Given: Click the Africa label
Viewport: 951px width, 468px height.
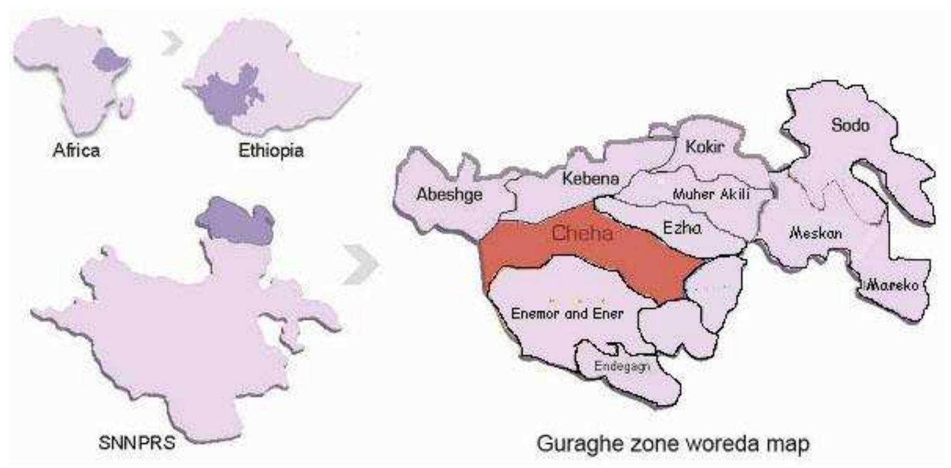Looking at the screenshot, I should pos(76,150).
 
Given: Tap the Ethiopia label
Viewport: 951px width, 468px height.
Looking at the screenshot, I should pos(271,150).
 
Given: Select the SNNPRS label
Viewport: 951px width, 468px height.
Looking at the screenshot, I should pos(137,442).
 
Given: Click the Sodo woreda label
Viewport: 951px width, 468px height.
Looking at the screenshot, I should pos(850,125).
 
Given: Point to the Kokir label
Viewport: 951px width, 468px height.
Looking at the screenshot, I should pos(705,147).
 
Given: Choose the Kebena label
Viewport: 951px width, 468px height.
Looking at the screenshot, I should pos(590,178).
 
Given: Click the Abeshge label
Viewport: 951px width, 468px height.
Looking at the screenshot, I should pos(449,194).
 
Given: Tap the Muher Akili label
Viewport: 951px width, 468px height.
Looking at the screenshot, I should pos(711,194).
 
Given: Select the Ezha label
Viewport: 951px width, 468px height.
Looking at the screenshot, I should pos(682,227).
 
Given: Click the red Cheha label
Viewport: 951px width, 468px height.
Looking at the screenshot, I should pos(582,233).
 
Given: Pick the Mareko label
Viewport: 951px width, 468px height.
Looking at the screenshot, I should pos(892,285).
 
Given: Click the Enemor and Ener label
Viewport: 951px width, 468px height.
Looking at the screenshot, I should pos(567,314).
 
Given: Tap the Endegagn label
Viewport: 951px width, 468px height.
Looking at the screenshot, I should pos(622,366).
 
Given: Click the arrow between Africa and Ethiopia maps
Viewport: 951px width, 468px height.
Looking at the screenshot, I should pos(172,43).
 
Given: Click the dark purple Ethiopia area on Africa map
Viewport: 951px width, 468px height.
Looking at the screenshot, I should pos(110,59).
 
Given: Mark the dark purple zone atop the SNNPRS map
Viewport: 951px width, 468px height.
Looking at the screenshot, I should pos(236,222).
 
